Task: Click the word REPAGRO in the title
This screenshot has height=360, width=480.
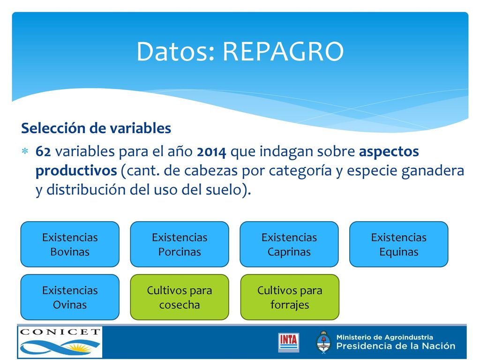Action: pos(283,52)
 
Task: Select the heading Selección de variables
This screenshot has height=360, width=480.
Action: pos(96,128)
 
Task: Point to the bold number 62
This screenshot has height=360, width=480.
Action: pos(43,151)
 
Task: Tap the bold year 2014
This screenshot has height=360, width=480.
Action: pos(211,151)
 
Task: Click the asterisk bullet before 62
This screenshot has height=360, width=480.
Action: pos(25,151)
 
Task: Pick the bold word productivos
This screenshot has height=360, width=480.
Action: pos(76,171)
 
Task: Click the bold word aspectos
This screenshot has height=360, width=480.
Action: pos(389,152)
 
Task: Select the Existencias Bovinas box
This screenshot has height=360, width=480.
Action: pos(70,244)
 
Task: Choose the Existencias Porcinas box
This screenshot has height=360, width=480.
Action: pos(180,244)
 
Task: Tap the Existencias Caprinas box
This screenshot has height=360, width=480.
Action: pos(289,244)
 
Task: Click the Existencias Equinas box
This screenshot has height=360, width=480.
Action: pos(398,244)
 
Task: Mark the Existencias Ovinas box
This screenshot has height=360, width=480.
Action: pos(70,297)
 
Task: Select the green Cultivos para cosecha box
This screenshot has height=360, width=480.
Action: pos(180,297)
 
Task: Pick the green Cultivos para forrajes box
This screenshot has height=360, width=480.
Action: pos(290,297)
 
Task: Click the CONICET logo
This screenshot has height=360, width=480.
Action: pos(60,342)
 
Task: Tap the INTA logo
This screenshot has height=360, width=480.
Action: pos(288,342)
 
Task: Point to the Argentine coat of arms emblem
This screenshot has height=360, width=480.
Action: pos(323,342)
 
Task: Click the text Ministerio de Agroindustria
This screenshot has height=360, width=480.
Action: pos(384,337)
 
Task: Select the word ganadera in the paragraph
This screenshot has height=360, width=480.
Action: pos(433,171)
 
